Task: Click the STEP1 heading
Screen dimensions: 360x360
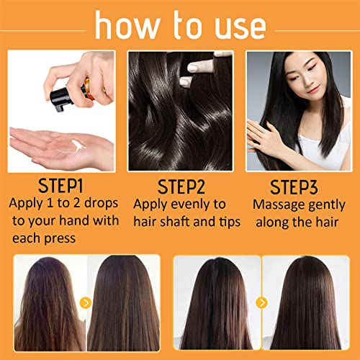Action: [60, 186]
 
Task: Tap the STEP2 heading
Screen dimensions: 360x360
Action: [181, 186]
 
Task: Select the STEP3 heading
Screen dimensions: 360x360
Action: [294, 187]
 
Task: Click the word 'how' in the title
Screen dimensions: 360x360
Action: [127, 25]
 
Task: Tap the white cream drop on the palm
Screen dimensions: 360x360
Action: [78, 145]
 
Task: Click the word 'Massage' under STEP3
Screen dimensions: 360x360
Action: [279, 205]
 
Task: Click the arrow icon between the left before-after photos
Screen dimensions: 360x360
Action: [86, 302]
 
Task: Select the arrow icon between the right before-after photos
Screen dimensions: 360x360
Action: [261, 302]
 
